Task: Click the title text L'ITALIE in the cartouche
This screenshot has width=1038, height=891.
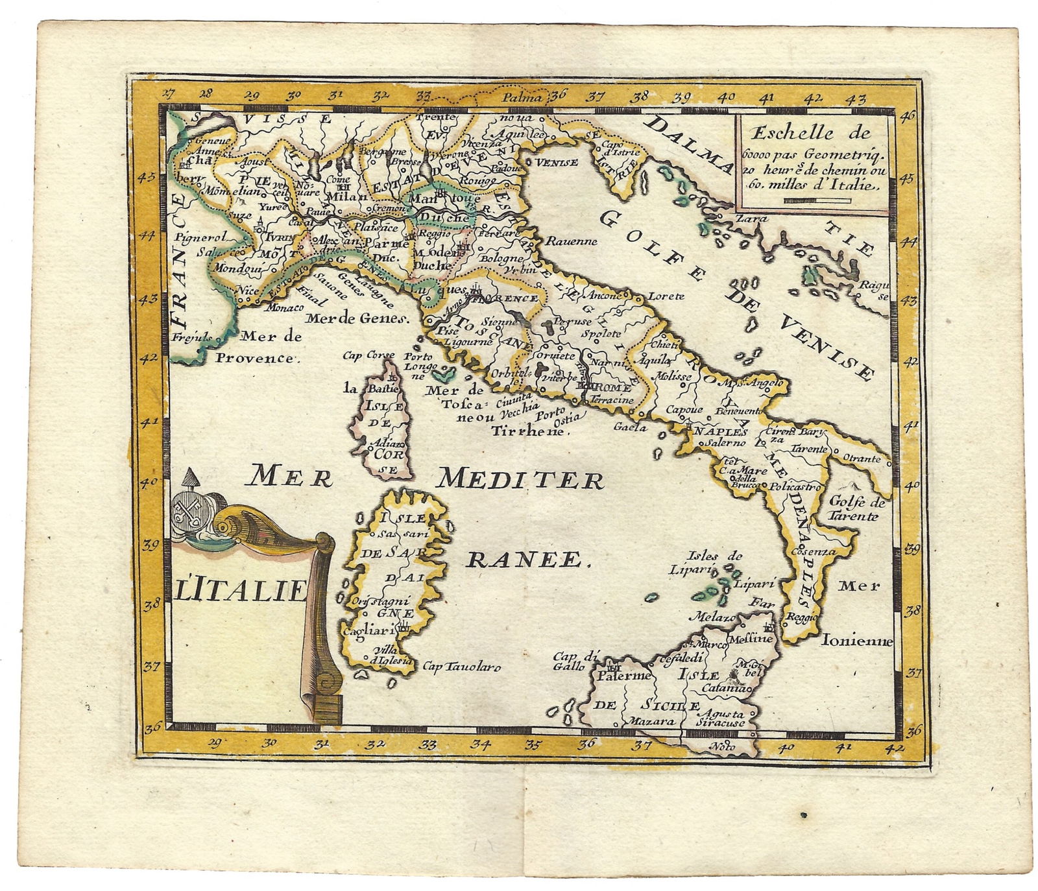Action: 241,590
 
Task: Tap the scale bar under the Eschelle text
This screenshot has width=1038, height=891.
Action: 816,201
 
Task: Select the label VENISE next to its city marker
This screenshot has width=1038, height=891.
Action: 556,162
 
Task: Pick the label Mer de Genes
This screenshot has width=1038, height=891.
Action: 357,318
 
